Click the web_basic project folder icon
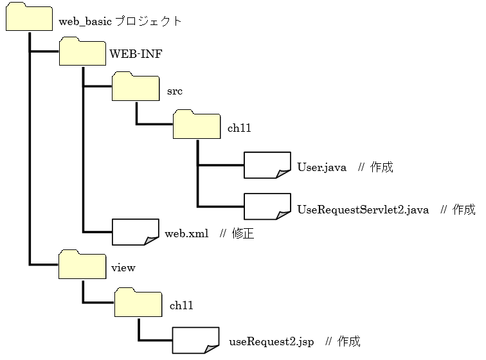pos(29,17)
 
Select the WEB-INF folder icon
pos(82,52)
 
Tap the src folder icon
pos(135,87)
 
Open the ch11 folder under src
pos(197,125)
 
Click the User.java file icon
pos(267,165)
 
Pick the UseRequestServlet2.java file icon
pos(267,206)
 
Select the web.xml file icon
pos(136,232)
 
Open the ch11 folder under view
pos(138,302)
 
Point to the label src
pos(174,91)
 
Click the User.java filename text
pos(321,167)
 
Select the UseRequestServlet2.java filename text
pos(363,210)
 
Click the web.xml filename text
pos(186,234)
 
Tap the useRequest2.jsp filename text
pos(271,341)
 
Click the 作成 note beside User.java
pos(381,167)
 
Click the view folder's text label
pos(123,267)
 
